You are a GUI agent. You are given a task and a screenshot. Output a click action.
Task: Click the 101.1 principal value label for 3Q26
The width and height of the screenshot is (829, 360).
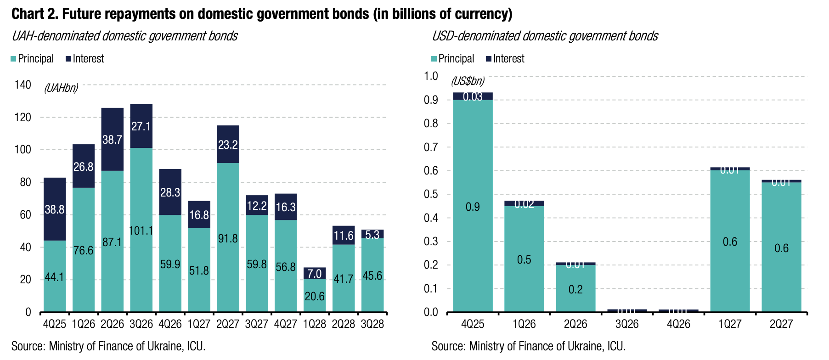click(x=141, y=231)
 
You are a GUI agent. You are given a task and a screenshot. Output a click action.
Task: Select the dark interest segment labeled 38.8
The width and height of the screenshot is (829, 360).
click(x=55, y=209)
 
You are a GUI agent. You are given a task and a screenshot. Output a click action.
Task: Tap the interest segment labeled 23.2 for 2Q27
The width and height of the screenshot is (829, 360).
click(x=228, y=145)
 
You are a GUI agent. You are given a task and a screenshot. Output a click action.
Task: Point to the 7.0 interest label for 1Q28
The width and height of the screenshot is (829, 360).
click(x=315, y=274)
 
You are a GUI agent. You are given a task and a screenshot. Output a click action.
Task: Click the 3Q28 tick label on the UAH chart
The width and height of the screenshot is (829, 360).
click(x=372, y=324)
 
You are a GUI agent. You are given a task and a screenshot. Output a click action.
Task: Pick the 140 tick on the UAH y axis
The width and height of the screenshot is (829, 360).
click(x=23, y=85)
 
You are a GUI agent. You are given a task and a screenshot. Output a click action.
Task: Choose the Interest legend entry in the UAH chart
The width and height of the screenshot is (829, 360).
click(x=85, y=59)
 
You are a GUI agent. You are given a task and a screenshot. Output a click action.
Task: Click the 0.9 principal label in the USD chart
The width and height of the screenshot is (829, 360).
click(x=473, y=207)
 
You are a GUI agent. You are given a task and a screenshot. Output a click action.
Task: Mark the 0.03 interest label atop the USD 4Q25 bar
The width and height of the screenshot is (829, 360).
click(x=473, y=96)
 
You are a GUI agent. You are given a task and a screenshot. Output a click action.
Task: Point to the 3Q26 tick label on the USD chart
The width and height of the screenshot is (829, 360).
click(x=627, y=324)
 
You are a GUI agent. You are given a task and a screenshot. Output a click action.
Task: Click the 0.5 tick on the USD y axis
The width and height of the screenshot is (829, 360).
click(x=431, y=194)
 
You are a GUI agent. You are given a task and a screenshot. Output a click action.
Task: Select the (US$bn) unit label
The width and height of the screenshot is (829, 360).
click(x=468, y=81)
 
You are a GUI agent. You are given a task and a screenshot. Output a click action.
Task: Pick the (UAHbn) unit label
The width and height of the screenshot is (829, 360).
click(x=61, y=88)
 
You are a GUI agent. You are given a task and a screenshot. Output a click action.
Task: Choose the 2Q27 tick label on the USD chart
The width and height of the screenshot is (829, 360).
click(x=781, y=324)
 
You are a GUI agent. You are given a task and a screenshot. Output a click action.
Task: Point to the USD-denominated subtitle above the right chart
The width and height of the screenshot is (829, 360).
click(x=545, y=36)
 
